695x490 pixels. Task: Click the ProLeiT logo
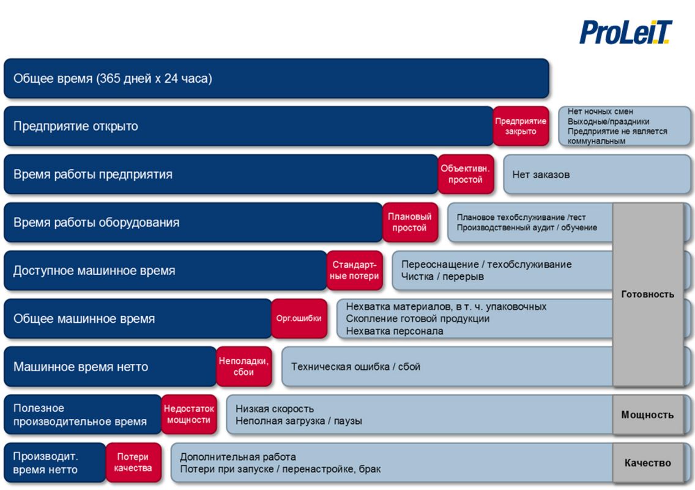pyautogui.click(x=626, y=32)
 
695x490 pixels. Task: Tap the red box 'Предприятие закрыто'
pyautogui.click(x=521, y=126)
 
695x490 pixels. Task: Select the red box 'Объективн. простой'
pyautogui.click(x=466, y=174)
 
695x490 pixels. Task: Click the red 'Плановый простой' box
pyautogui.click(x=409, y=222)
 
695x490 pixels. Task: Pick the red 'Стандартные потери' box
pyautogui.click(x=355, y=270)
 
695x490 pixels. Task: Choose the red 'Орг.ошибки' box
pyautogui.click(x=299, y=318)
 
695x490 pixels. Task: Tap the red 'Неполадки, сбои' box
pyautogui.click(x=243, y=367)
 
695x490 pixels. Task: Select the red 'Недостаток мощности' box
pyautogui.click(x=189, y=415)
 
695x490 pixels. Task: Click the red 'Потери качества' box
pyautogui.click(x=133, y=462)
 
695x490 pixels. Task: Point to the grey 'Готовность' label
pyautogui.click(x=647, y=294)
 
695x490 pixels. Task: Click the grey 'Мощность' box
pyautogui.click(x=647, y=415)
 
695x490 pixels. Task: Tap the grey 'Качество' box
pyautogui.click(x=647, y=463)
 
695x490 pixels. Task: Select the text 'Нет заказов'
pyautogui.click(x=541, y=175)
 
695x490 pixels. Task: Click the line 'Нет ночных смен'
pyautogui.click(x=600, y=111)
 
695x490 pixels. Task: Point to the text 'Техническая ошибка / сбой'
pyautogui.click(x=355, y=367)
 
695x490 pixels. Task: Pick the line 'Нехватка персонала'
pyautogui.click(x=395, y=331)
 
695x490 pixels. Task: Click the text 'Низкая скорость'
pyautogui.click(x=274, y=409)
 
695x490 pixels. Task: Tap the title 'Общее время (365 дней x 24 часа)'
pyautogui.click(x=113, y=78)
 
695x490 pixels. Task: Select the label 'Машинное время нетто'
pyautogui.click(x=81, y=367)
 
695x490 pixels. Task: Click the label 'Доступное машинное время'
pyautogui.click(x=94, y=270)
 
